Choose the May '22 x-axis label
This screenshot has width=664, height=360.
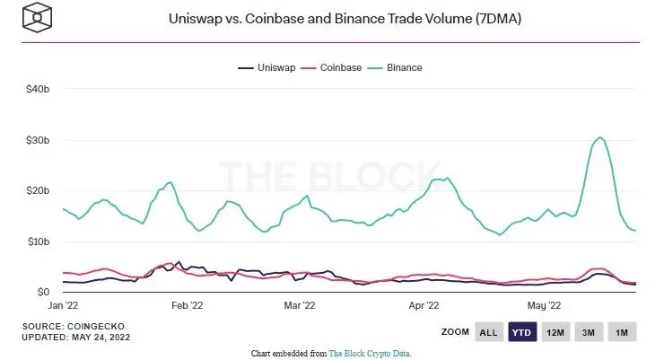[x=542, y=306]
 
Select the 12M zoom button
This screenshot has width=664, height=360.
[x=555, y=332]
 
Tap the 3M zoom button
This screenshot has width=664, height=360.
[x=589, y=332]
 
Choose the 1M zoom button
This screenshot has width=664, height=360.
[x=621, y=332]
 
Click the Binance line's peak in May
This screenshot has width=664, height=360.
[x=599, y=137]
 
